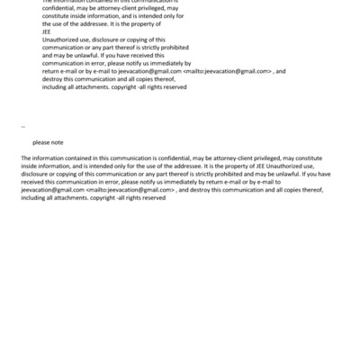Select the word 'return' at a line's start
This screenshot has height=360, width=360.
(53, 69)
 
